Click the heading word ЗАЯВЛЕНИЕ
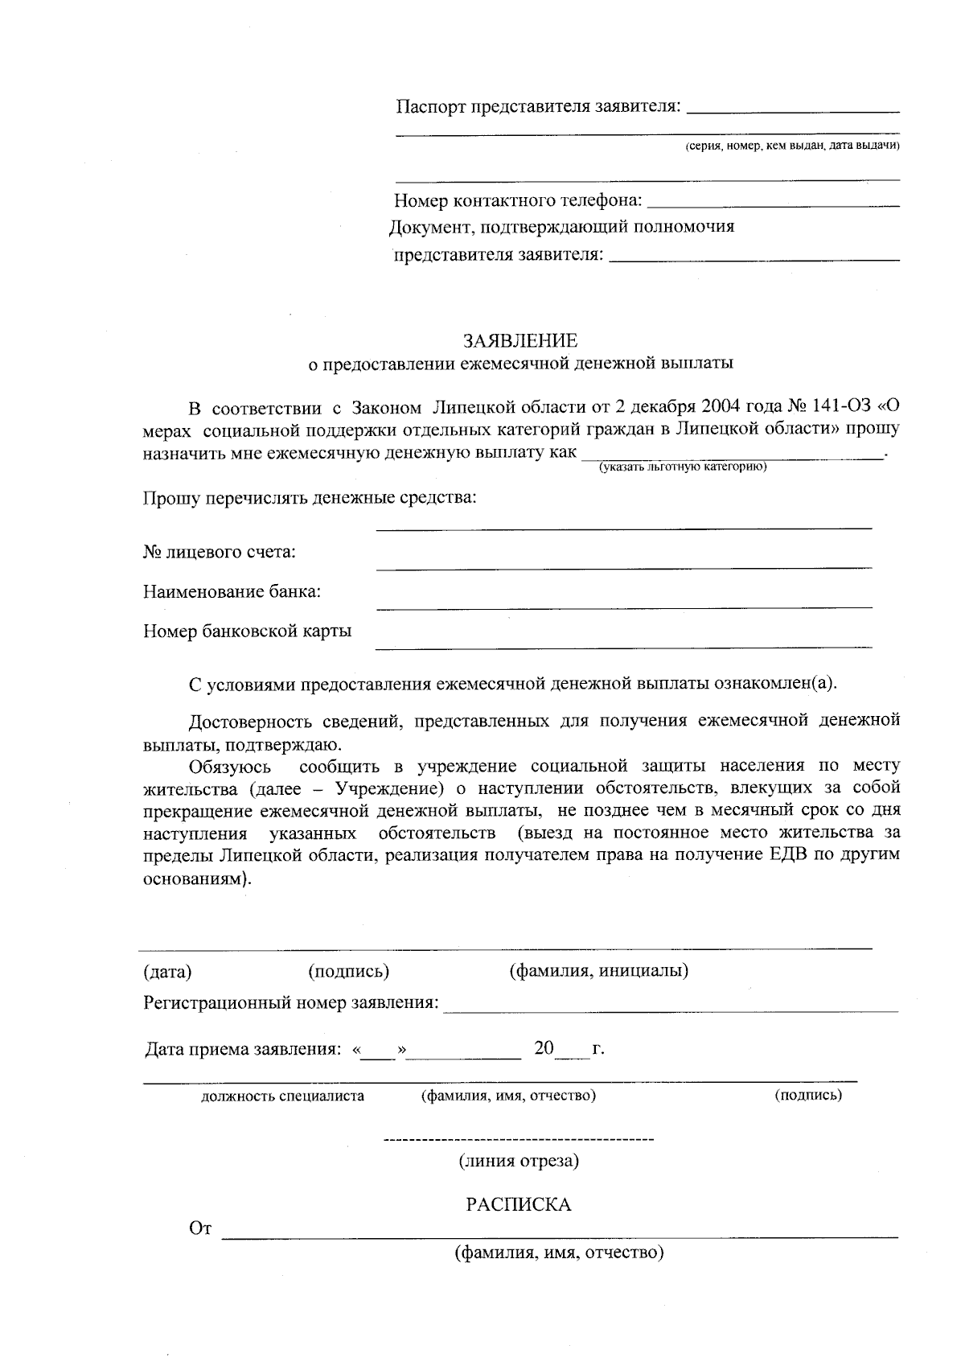[520, 340]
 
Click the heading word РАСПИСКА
[519, 1204]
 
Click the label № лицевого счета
[219, 552]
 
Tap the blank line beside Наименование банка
[624, 604]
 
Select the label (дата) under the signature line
[167, 972]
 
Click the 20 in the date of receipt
[544, 1048]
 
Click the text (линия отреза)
[519, 1161]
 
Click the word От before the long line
[199, 1228]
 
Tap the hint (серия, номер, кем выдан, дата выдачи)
[791, 146]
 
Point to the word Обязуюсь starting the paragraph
[230, 766]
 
